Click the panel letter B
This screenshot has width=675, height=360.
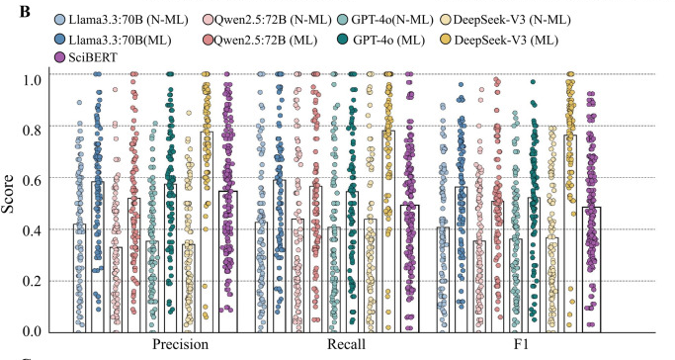(25, 12)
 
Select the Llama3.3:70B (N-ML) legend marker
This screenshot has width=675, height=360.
(60, 20)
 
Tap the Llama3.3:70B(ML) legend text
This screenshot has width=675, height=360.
(121, 41)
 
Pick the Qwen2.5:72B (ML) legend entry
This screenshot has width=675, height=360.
(260, 41)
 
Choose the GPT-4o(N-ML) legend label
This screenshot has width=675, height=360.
(392, 20)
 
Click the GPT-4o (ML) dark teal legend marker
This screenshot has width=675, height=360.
(342, 40)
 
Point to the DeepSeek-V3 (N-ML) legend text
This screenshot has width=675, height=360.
(512, 20)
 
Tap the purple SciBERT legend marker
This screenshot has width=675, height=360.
(60, 57)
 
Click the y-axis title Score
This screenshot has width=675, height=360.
(8, 194)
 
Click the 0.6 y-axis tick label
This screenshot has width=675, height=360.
(32, 179)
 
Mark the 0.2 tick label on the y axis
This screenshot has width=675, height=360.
(32, 281)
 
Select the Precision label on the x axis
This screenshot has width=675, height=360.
(181, 344)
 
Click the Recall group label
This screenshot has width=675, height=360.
(346, 344)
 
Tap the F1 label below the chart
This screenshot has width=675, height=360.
(521, 344)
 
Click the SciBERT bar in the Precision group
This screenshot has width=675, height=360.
(228, 261)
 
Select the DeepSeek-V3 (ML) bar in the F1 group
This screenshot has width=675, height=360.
(570, 233)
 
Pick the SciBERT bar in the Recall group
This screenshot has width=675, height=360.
(410, 269)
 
